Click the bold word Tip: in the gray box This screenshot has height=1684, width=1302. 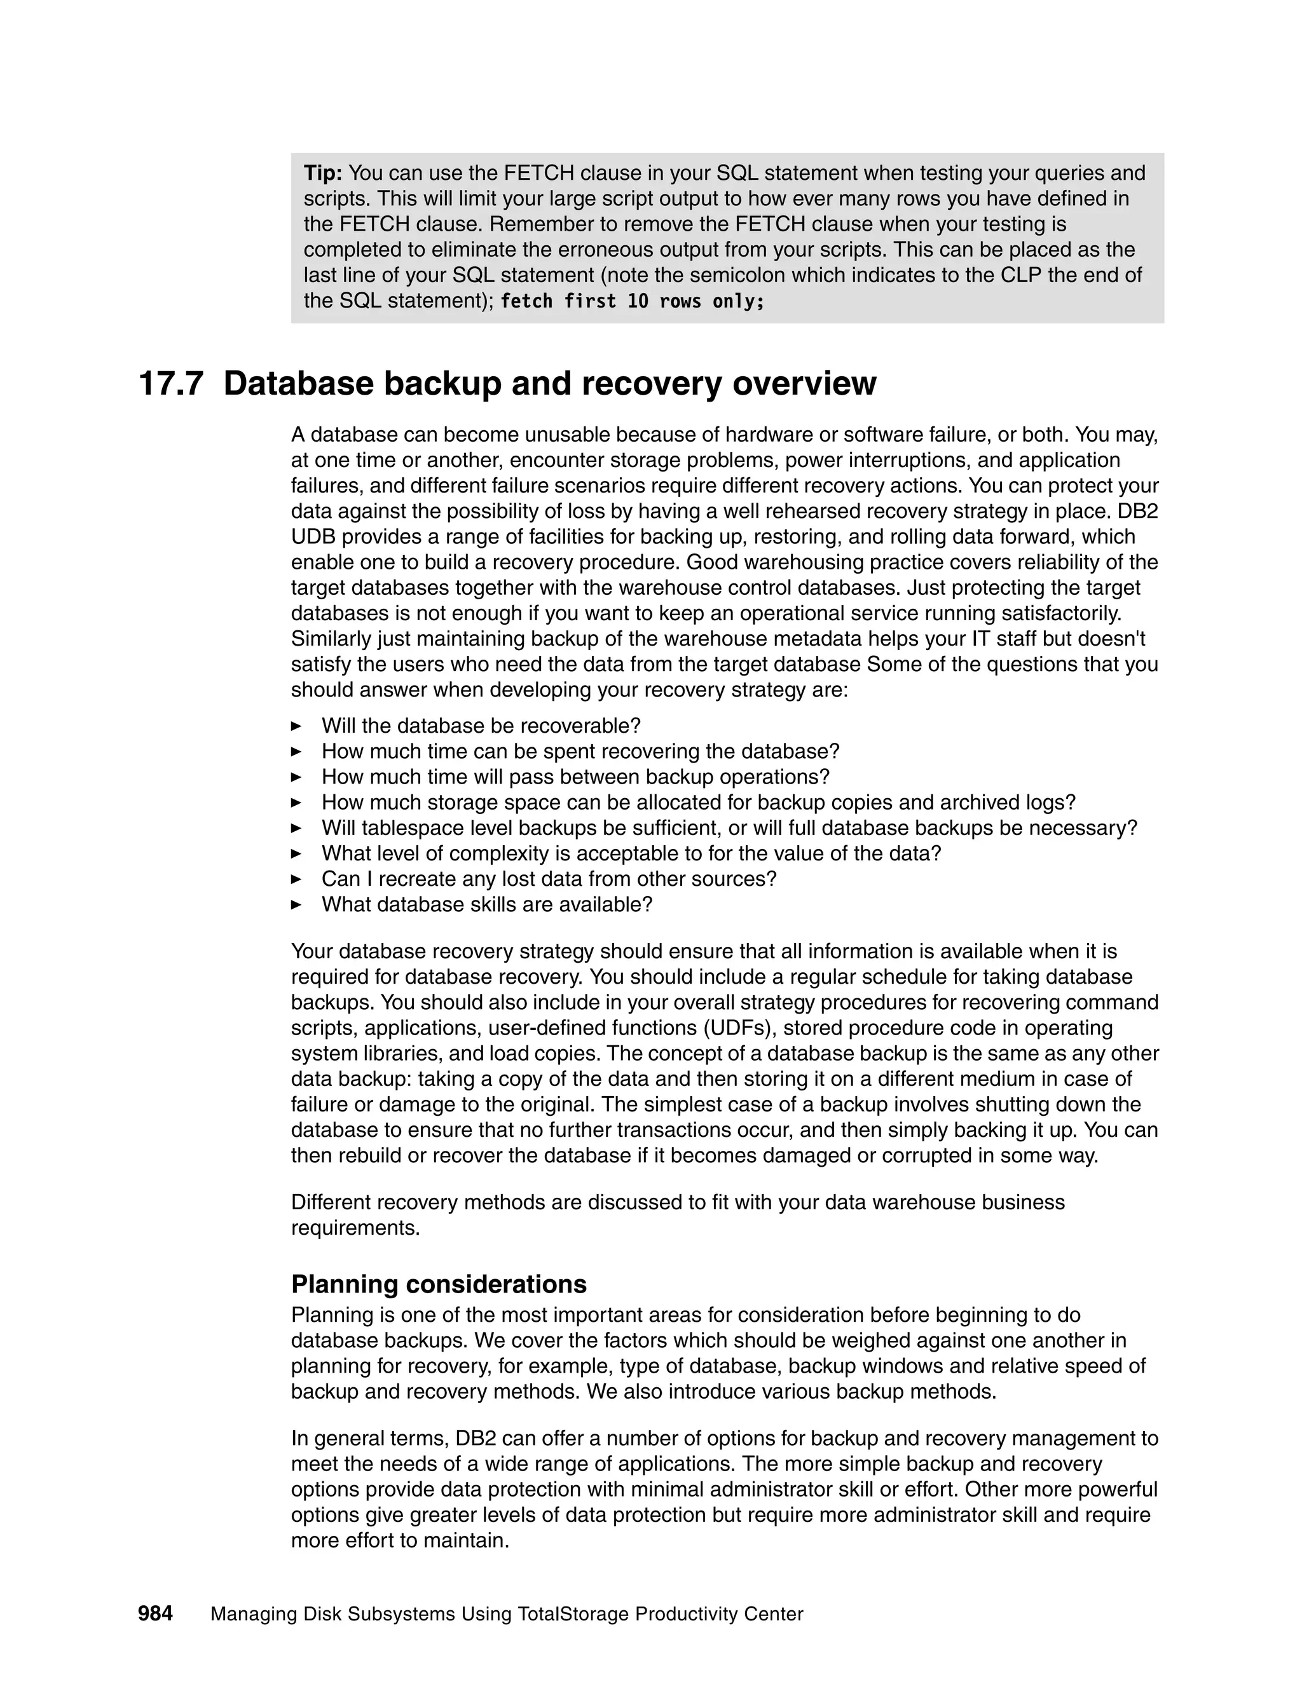pos(322,173)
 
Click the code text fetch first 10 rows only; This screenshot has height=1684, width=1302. pos(632,301)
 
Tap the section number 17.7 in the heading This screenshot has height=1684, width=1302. pos(170,384)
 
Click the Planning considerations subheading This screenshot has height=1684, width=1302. pos(438,1284)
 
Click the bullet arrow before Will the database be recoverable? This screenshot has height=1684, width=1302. pos(296,726)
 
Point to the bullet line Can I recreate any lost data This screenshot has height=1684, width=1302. pos(549,879)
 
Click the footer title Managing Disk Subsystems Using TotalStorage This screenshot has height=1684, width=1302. pos(506,1615)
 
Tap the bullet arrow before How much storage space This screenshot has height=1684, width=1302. pos(296,803)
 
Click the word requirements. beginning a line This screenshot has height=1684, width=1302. pos(355,1228)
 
